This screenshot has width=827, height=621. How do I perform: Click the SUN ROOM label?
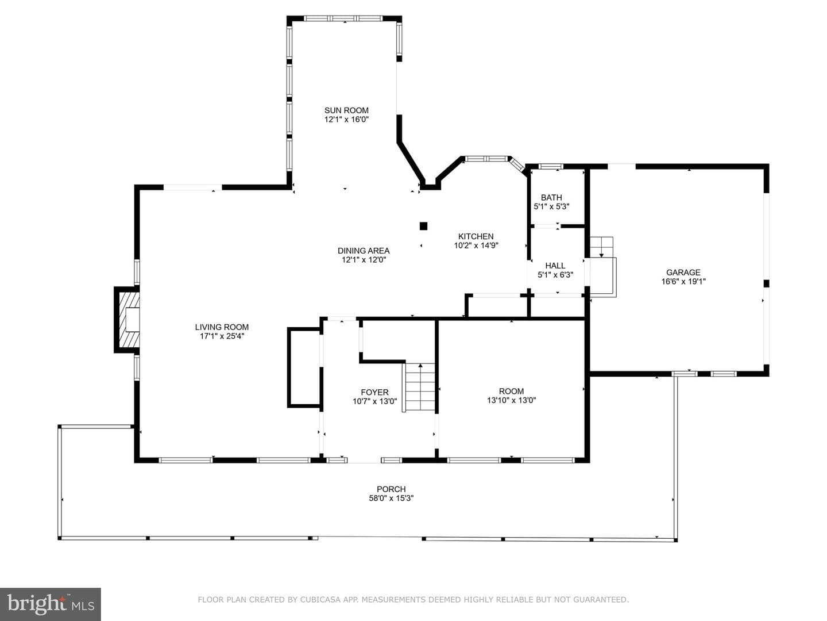pyautogui.click(x=346, y=110)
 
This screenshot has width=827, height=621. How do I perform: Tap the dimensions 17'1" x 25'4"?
pyautogui.click(x=222, y=336)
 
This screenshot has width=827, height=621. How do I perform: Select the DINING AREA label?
pyautogui.click(x=364, y=251)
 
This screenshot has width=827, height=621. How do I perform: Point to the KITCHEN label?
pyautogui.click(x=476, y=236)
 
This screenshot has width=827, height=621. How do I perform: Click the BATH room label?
pyautogui.click(x=551, y=197)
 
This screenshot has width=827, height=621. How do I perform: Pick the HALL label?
pyautogui.click(x=555, y=266)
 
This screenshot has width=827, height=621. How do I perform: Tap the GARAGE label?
pyautogui.click(x=683, y=272)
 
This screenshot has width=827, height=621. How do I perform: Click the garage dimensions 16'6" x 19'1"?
pyautogui.click(x=683, y=281)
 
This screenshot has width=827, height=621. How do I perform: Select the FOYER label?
pyautogui.click(x=374, y=392)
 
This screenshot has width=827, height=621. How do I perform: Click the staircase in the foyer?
pyautogui.click(x=419, y=387)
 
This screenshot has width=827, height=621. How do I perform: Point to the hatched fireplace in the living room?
pyautogui.click(x=127, y=320)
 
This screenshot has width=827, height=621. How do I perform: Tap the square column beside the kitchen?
pyautogui.click(x=423, y=226)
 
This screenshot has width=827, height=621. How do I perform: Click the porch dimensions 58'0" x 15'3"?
pyautogui.click(x=391, y=498)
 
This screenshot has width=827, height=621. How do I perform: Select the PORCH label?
pyautogui.click(x=391, y=489)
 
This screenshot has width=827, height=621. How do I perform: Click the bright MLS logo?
pyautogui.click(x=51, y=604)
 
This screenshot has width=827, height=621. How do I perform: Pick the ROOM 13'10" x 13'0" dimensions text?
pyautogui.click(x=511, y=400)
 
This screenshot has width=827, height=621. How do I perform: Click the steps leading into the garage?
pyautogui.click(x=602, y=247)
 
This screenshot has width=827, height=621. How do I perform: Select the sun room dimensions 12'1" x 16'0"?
pyautogui.click(x=346, y=120)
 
